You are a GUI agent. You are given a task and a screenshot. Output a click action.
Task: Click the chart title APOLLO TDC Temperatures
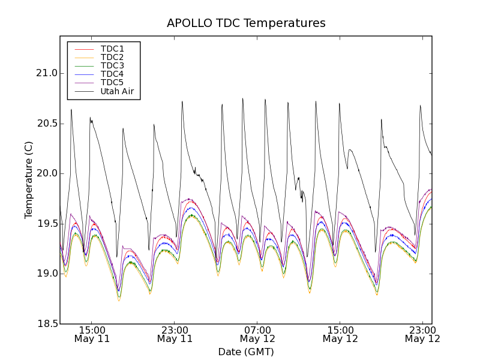pyautogui.click(x=246, y=23)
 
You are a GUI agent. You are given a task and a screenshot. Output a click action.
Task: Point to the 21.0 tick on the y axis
pyautogui.click(x=47, y=74)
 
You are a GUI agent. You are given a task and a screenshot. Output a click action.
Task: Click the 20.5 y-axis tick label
pyautogui.click(x=47, y=124)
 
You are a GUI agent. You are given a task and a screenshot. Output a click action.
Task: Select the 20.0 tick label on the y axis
pyautogui.click(x=47, y=174)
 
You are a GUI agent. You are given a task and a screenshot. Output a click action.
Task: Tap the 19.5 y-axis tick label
pyautogui.click(x=47, y=224)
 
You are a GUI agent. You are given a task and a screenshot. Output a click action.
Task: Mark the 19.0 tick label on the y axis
pyautogui.click(x=47, y=274)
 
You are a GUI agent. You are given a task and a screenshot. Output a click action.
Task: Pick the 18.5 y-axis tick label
pyautogui.click(x=47, y=324)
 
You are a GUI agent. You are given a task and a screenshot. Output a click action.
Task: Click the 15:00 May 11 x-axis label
pyautogui.click(x=92, y=334)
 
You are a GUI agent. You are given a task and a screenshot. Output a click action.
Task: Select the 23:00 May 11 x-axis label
pyautogui.click(x=175, y=334)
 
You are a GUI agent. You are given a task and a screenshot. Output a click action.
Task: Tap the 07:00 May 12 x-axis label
pyautogui.click(x=257, y=334)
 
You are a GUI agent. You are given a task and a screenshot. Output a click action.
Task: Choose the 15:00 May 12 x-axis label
pyautogui.click(x=340, y=334)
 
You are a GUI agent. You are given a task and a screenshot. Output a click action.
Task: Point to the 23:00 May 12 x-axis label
pyautogui.click(x=422, y=334)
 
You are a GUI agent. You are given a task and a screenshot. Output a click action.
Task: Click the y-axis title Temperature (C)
pyautogui.click(x=29, y=180)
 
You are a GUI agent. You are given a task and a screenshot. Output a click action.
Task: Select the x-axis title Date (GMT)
pyautogui.click(x=246, y=352)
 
